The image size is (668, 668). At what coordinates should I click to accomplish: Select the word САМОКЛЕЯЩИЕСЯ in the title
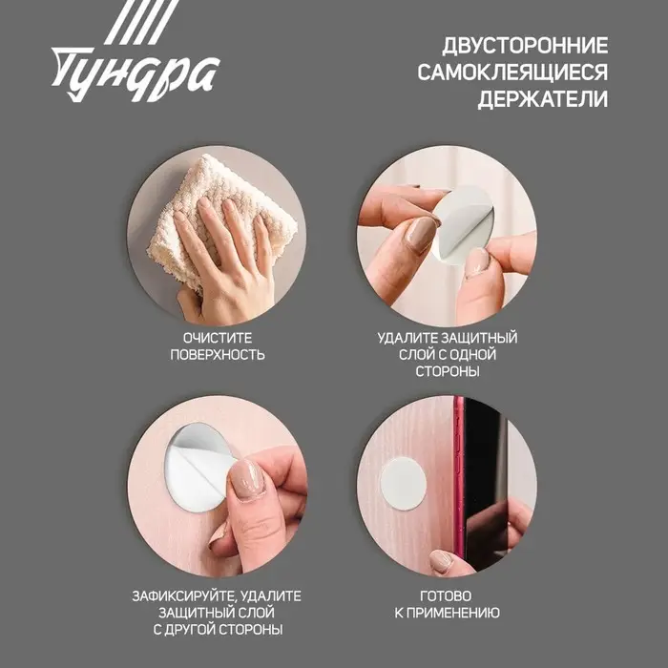click(512, 73)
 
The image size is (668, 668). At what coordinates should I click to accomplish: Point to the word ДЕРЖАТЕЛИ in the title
click(542, 99)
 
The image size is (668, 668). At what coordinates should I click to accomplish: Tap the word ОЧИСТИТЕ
click(218, 338)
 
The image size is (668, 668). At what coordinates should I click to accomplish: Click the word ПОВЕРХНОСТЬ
click(218, 355)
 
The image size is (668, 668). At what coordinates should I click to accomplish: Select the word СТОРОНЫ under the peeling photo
click(447, 372)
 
